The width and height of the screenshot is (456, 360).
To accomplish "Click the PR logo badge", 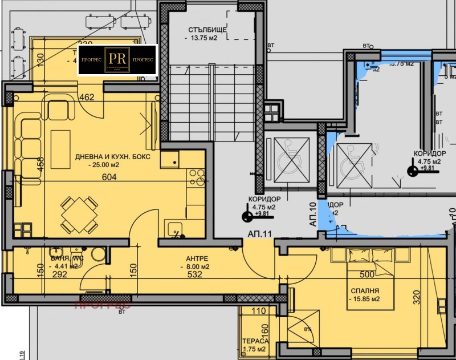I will click(117, 60).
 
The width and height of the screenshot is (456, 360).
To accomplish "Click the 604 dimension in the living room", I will click(109, 177).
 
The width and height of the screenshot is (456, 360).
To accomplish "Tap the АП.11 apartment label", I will click(259, 234).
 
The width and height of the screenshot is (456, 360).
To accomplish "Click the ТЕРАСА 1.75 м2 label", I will click(253, 343).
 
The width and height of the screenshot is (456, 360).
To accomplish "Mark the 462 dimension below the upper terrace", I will click(86, 98).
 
